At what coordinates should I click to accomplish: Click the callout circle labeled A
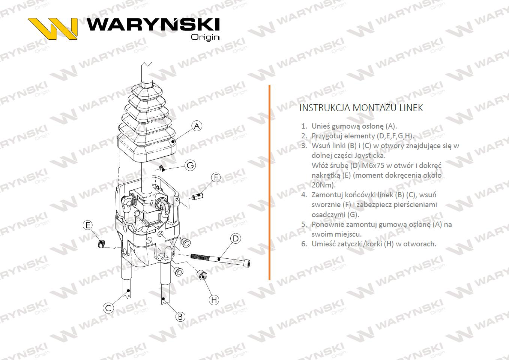tap(197, 126)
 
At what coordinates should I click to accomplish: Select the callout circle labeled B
tap(180, 316)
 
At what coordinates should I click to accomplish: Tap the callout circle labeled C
tap(108, 308)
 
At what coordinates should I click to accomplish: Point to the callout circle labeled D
tap(235, 238)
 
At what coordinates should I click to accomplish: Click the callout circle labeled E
tap(88, 225)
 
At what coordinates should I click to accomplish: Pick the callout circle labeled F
tap(216, 177)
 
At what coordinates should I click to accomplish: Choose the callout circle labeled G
tap(191, 165)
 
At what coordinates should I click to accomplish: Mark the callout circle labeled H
tap(214, 300)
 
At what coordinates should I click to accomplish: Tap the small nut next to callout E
tap(101, 245)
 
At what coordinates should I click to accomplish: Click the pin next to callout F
tap(197, 196)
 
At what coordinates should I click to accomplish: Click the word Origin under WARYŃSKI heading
tap(205, 37)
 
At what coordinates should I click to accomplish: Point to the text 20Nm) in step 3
tap(323, 185)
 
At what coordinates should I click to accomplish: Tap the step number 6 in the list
tap(304, 244)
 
